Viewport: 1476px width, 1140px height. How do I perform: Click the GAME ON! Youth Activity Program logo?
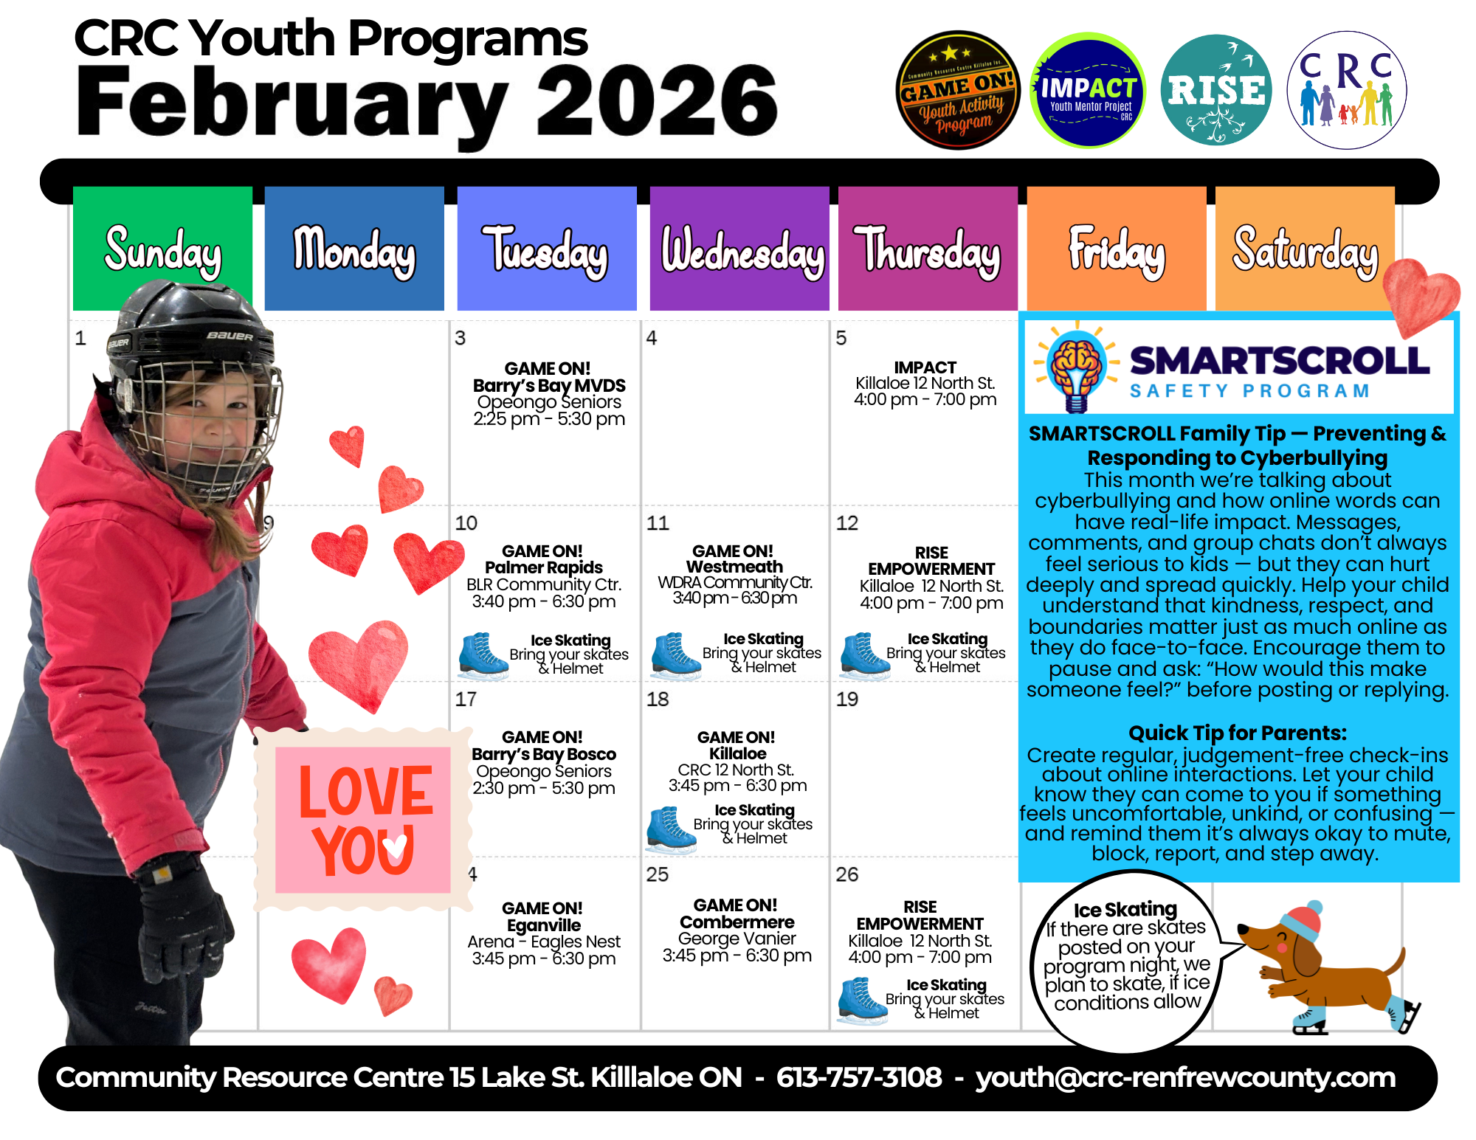click(x=957, y=90)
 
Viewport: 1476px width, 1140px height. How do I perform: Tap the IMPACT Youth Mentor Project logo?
click(x=1087, y=90)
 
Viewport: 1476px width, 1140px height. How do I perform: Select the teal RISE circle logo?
click(x=1216, y=90)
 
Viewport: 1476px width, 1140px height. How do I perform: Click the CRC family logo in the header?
click(x=1347, y=90)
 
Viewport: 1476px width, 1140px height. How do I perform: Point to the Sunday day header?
click(x=162, y=249)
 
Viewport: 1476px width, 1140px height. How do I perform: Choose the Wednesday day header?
click(x=740, y=249)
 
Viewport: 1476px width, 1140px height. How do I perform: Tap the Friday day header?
click(x=1117, y=249)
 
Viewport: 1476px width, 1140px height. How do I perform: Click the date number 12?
click(x=847, y=523)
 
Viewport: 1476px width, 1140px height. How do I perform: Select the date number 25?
click(x=658, y=874)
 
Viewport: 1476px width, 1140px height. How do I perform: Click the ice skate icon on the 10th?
click(x=483, y=655)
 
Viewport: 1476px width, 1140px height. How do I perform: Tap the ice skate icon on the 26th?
click(x=863, y=1001)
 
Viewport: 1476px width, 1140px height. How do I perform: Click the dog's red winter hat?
click(x=1302, y=919)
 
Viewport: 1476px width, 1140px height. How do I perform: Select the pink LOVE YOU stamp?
click(x=363, y=819)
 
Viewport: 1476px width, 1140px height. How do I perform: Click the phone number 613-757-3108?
click(x=859, y=1077)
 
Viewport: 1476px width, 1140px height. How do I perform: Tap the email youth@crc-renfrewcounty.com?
click(x=1185, y=1077)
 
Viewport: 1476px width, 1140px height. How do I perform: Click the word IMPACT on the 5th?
click(x=925, y=367)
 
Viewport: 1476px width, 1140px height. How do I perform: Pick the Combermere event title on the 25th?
click(x=737, y=922)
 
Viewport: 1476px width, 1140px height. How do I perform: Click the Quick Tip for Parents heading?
click(x=1237, y=733)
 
